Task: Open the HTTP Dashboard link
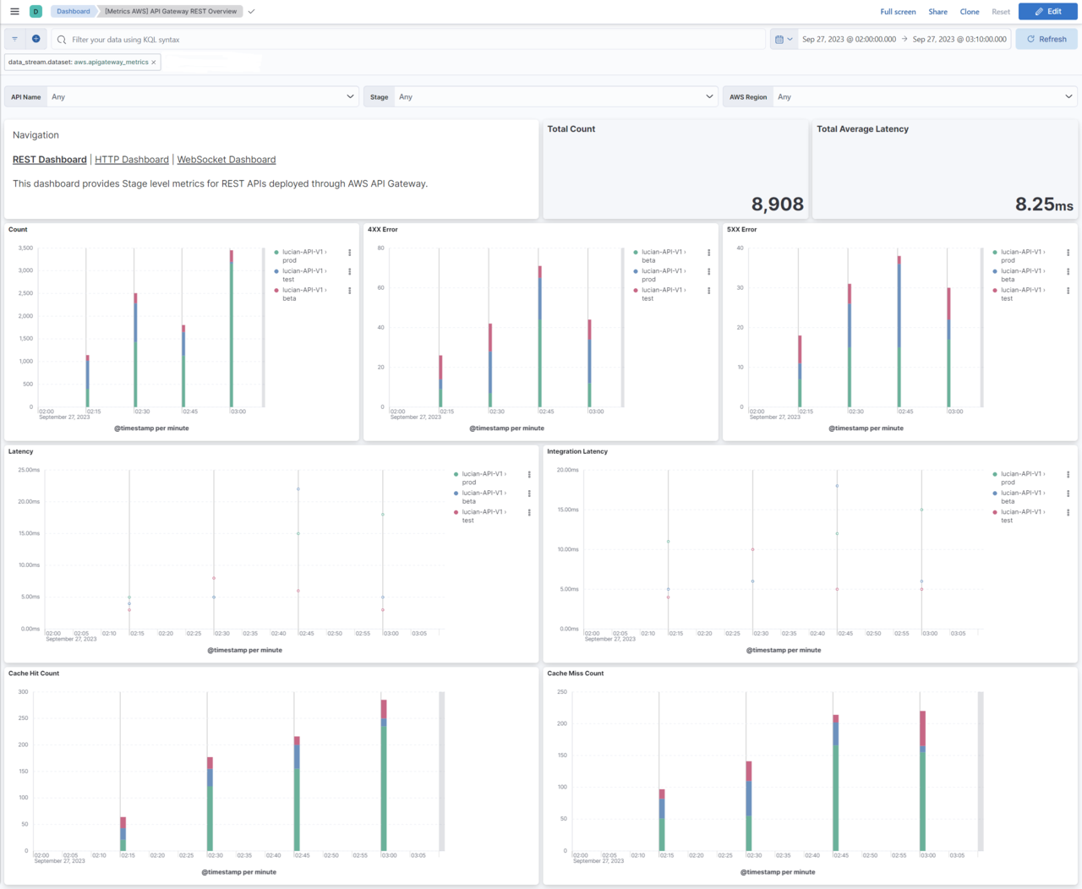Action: coord(132,160)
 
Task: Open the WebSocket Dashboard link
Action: coord(227,160)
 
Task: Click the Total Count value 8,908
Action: coord(777,204)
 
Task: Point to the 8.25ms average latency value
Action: coord(1043,204)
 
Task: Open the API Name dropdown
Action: coord(203,96)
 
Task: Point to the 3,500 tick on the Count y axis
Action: coord(25,248)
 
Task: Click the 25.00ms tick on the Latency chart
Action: coord(29,470)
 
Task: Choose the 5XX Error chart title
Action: coord(741,229)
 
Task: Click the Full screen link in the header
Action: coord(898,12)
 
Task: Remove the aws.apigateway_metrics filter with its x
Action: coord(154,63)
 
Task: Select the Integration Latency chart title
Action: coord(577,451)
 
